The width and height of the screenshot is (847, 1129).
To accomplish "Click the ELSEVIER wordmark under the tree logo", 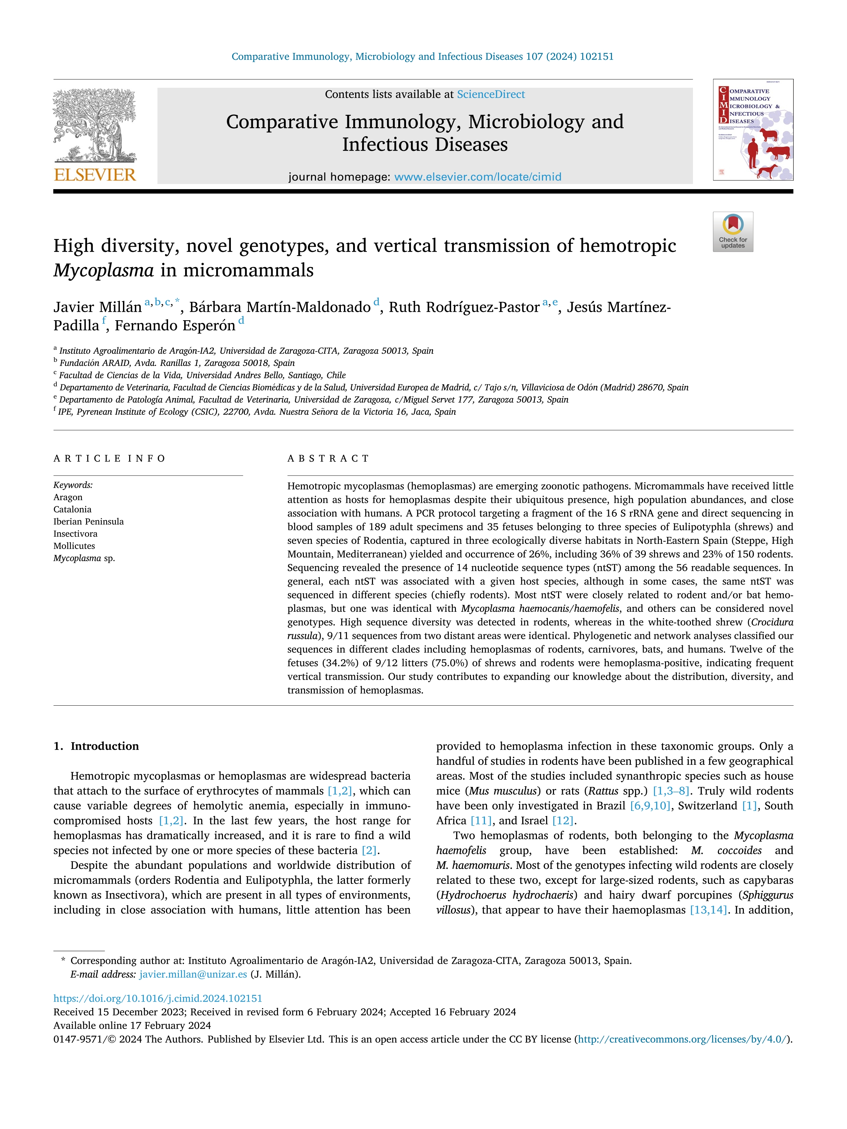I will [95, 175].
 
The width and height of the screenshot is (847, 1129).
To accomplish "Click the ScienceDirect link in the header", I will [491, 95].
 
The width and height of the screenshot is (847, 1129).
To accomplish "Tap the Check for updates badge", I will [733, 232].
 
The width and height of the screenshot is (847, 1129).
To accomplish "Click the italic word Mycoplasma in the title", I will [103, 270].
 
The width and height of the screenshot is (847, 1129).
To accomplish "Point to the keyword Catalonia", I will [72, 509].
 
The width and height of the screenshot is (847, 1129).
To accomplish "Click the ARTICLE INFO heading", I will [109, 458].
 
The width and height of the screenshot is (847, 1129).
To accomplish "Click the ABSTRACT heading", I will [328, 458].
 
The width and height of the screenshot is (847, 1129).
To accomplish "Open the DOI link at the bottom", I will [158, 998].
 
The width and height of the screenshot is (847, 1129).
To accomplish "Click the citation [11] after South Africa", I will [481, 820].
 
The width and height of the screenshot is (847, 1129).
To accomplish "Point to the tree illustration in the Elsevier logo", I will [95, 125].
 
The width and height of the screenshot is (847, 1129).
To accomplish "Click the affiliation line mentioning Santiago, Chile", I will [202, 375].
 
